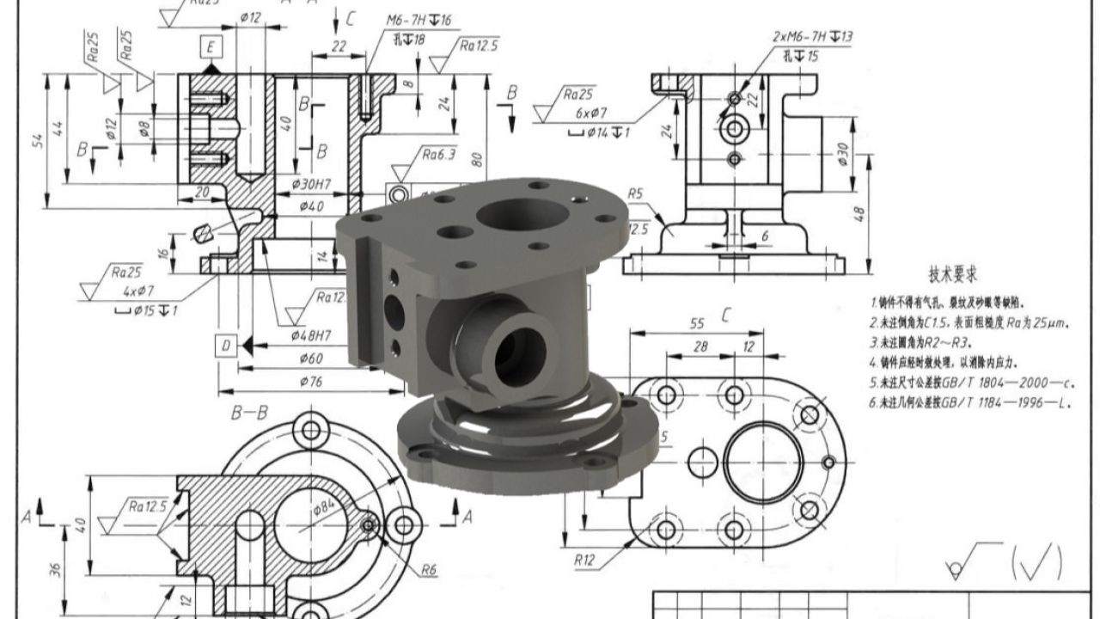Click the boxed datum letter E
(x=211, y=46)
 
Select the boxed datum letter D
(x=226, y=346)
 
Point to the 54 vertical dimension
(x=38, y=142)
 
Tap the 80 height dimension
(x=499, y=160)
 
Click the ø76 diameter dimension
(x=310, y=381)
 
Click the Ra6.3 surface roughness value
(x=438, y=155)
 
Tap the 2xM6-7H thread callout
(x=812, y=37)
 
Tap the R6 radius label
(x=429, y=569)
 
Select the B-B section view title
(x=249, y=414)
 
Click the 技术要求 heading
(x=953, y=274)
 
